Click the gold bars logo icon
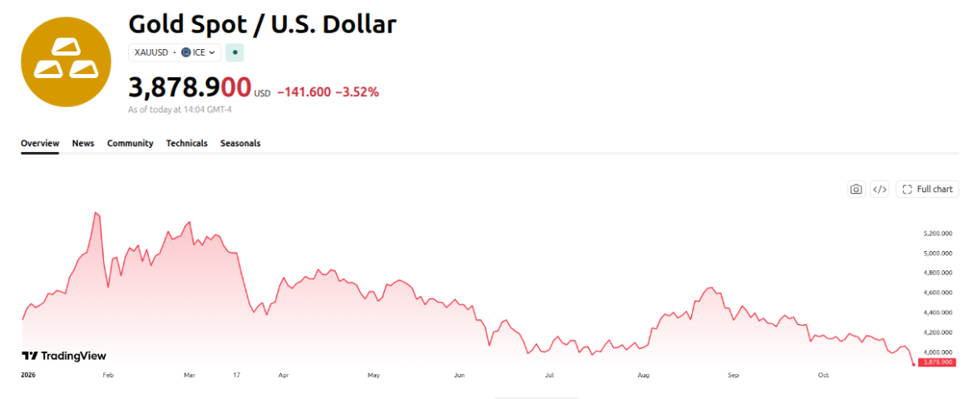click(66, 62)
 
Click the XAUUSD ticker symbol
click(151, 52)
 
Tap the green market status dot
click(235, 52)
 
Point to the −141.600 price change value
click(304, 92)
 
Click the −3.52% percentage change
click(357, 92)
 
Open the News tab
click(83, 143)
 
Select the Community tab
click(131, 143)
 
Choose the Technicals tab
click(187, 143)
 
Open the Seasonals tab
click(240, 143)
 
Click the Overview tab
click(40, 143)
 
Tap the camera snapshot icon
click(857, 190)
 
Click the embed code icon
click(879, 190)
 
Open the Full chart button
click(927, 190)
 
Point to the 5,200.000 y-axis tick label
click(937, 234)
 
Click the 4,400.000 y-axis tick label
click(937, 313)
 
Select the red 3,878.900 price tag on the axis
click(938, 362)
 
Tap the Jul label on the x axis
click(549, 376)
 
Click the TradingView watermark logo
click(64, 356)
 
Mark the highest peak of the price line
click(96, 212)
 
